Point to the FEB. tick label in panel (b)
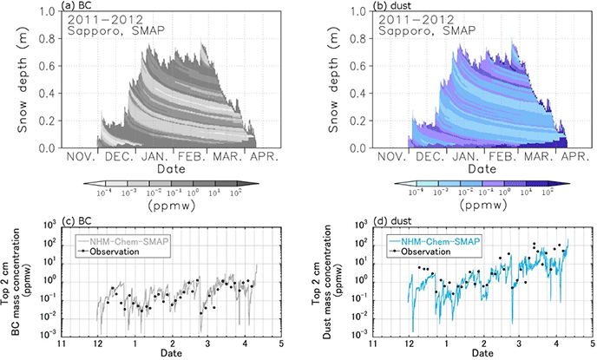point(502,157)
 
